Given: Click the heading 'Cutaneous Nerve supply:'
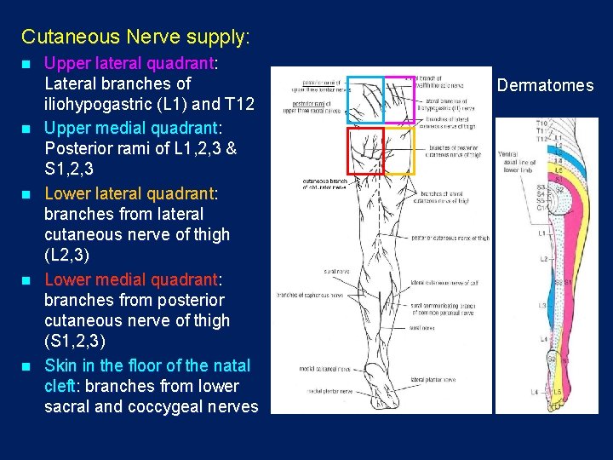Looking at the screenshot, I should pos(135,37).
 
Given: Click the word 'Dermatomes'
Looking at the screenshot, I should pos(545,85).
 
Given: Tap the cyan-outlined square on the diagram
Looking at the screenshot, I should pos(365,100).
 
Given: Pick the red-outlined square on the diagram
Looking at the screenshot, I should pos(365,152).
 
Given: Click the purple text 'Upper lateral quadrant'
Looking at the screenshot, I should pos(129,63).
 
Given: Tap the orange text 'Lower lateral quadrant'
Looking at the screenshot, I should pos(129,193).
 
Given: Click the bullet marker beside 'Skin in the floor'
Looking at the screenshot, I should pos(27,365).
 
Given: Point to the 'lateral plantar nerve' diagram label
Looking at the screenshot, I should pos(433,380).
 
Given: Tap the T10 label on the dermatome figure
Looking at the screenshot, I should pos(542,124).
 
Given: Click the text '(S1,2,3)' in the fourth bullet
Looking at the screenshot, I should pos(75,342).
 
